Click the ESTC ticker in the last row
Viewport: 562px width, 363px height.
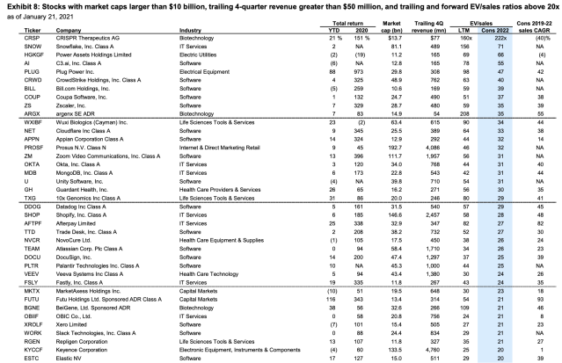(11, 358)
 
